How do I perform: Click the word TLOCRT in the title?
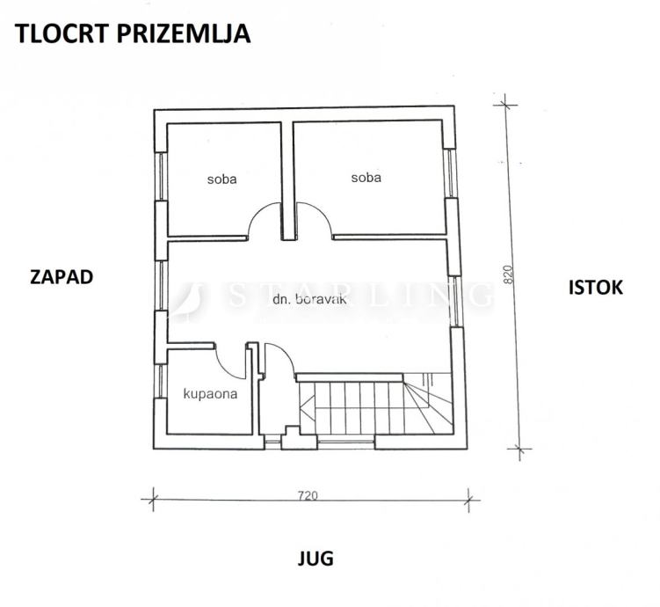(62, 33)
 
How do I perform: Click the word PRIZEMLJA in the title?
(184, 33)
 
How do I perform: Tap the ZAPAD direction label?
(62, 277)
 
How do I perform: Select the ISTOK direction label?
(596, 288)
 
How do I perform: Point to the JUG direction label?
(315, 559)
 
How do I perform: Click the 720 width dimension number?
(308, 495)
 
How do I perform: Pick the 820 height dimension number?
(509, 274)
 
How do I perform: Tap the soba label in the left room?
(221, 179)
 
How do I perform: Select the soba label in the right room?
(366, 178)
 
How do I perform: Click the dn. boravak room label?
(310, 299)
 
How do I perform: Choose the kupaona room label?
(210, 394)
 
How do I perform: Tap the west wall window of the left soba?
(160, 176)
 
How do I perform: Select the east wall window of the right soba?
(450, 172)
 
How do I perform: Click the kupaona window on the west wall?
(160, 381)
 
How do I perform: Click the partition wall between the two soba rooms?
(288, 181)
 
